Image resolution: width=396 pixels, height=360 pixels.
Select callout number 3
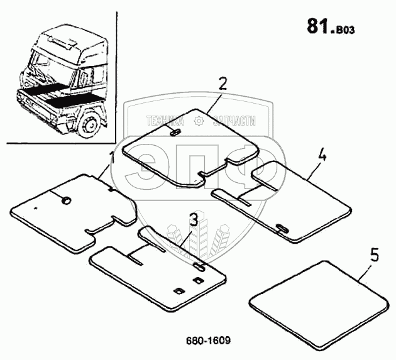194,221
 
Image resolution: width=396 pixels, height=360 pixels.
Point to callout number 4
322,156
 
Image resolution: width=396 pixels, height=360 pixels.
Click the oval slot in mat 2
175,133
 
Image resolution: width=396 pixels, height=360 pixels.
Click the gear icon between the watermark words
200,119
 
